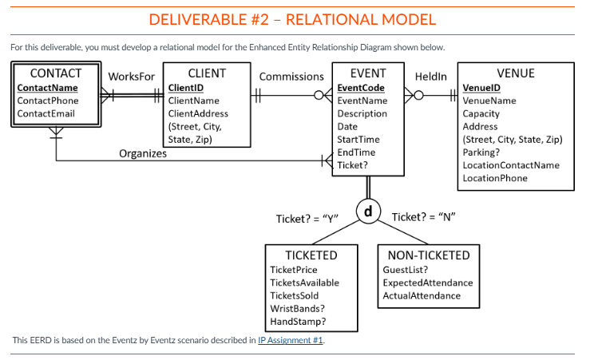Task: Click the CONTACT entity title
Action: point(56,73)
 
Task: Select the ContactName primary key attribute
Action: point(47,88)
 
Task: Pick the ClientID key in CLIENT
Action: point(186,88)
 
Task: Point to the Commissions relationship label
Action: point(291,77)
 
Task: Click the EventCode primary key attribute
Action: point(361,88)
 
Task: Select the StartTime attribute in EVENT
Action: point(358,140)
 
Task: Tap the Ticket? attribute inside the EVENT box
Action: point(353,165)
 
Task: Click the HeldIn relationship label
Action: point(432,77)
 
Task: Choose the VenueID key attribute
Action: point(481,88)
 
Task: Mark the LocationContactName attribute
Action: point(511,165)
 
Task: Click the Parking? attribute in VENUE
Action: point(481,152)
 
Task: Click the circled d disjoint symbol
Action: point(367,212)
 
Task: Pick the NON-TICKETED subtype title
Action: point(428,255)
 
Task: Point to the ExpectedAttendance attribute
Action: point(428,283)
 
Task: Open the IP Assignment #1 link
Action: point(291,341)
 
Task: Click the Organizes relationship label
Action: point(143,153)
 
